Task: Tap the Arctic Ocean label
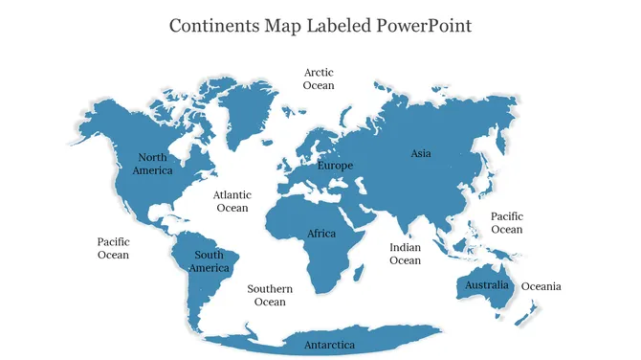pyautogui.click(x=319, y=79)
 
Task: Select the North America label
pyautogui.click(x=153, y=164)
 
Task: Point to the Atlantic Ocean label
pyautogui.click(x=232, y=201)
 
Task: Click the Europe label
pyautogui.click(x=335, y=166)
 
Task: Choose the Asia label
pyautogui.click(x=421, y=153)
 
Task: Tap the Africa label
pyautogui.click(x=321, y=234)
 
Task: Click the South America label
pyautogui.click(x=209, y=261)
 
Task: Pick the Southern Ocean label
pyautogui.click(x=270, y=295)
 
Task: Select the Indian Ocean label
pyautogui.click(x=405, y=254)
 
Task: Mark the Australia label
pyautogui.click(x=487, y=285)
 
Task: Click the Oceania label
pyautogui.click(x=541, y=286)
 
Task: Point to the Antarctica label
pyautogui.click(x=329, y=345)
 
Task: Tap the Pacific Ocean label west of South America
pyautogui.click(x=113, y=248)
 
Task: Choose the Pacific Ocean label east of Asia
pyautogui.click(x=506, y=223)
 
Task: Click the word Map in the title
pyautogui.click(x=285, y=25)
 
